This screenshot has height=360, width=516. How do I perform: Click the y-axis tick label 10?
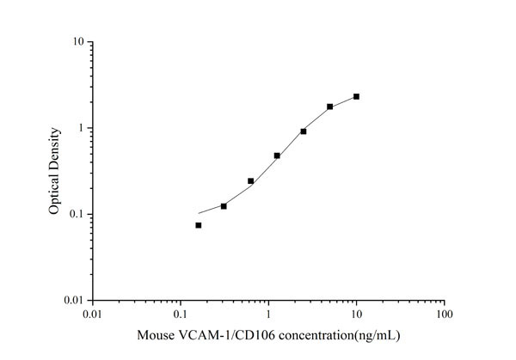tap(77, 41)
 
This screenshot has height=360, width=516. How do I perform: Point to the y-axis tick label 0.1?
tap(76, 214)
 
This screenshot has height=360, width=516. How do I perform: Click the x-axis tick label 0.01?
tap(94, 315)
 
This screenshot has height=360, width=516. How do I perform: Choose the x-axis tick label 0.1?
tap(181, 315)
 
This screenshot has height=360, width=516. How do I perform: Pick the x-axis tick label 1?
tap(268, 315)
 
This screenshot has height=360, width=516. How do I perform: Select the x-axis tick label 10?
tap(356, 315)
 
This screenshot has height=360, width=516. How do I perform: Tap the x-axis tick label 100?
tap(444, 315)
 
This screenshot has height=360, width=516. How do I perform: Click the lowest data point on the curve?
tap(199, 225)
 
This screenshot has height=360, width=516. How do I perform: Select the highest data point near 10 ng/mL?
tap(356, 96)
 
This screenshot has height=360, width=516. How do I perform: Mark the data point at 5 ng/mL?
tap(330, 107)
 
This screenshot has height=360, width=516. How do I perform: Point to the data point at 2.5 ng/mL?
tap(304, 131)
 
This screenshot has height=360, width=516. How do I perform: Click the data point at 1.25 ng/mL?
tap(277, 156)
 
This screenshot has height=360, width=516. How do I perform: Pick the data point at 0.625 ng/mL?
tap(250, 180)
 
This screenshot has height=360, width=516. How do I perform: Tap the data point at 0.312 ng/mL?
tap(224, 206)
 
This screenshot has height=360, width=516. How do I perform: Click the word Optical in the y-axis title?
tap(54, 193)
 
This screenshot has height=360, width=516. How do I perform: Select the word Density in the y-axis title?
tap(54, 148)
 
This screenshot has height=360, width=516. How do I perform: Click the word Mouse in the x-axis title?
tap(156, 335)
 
